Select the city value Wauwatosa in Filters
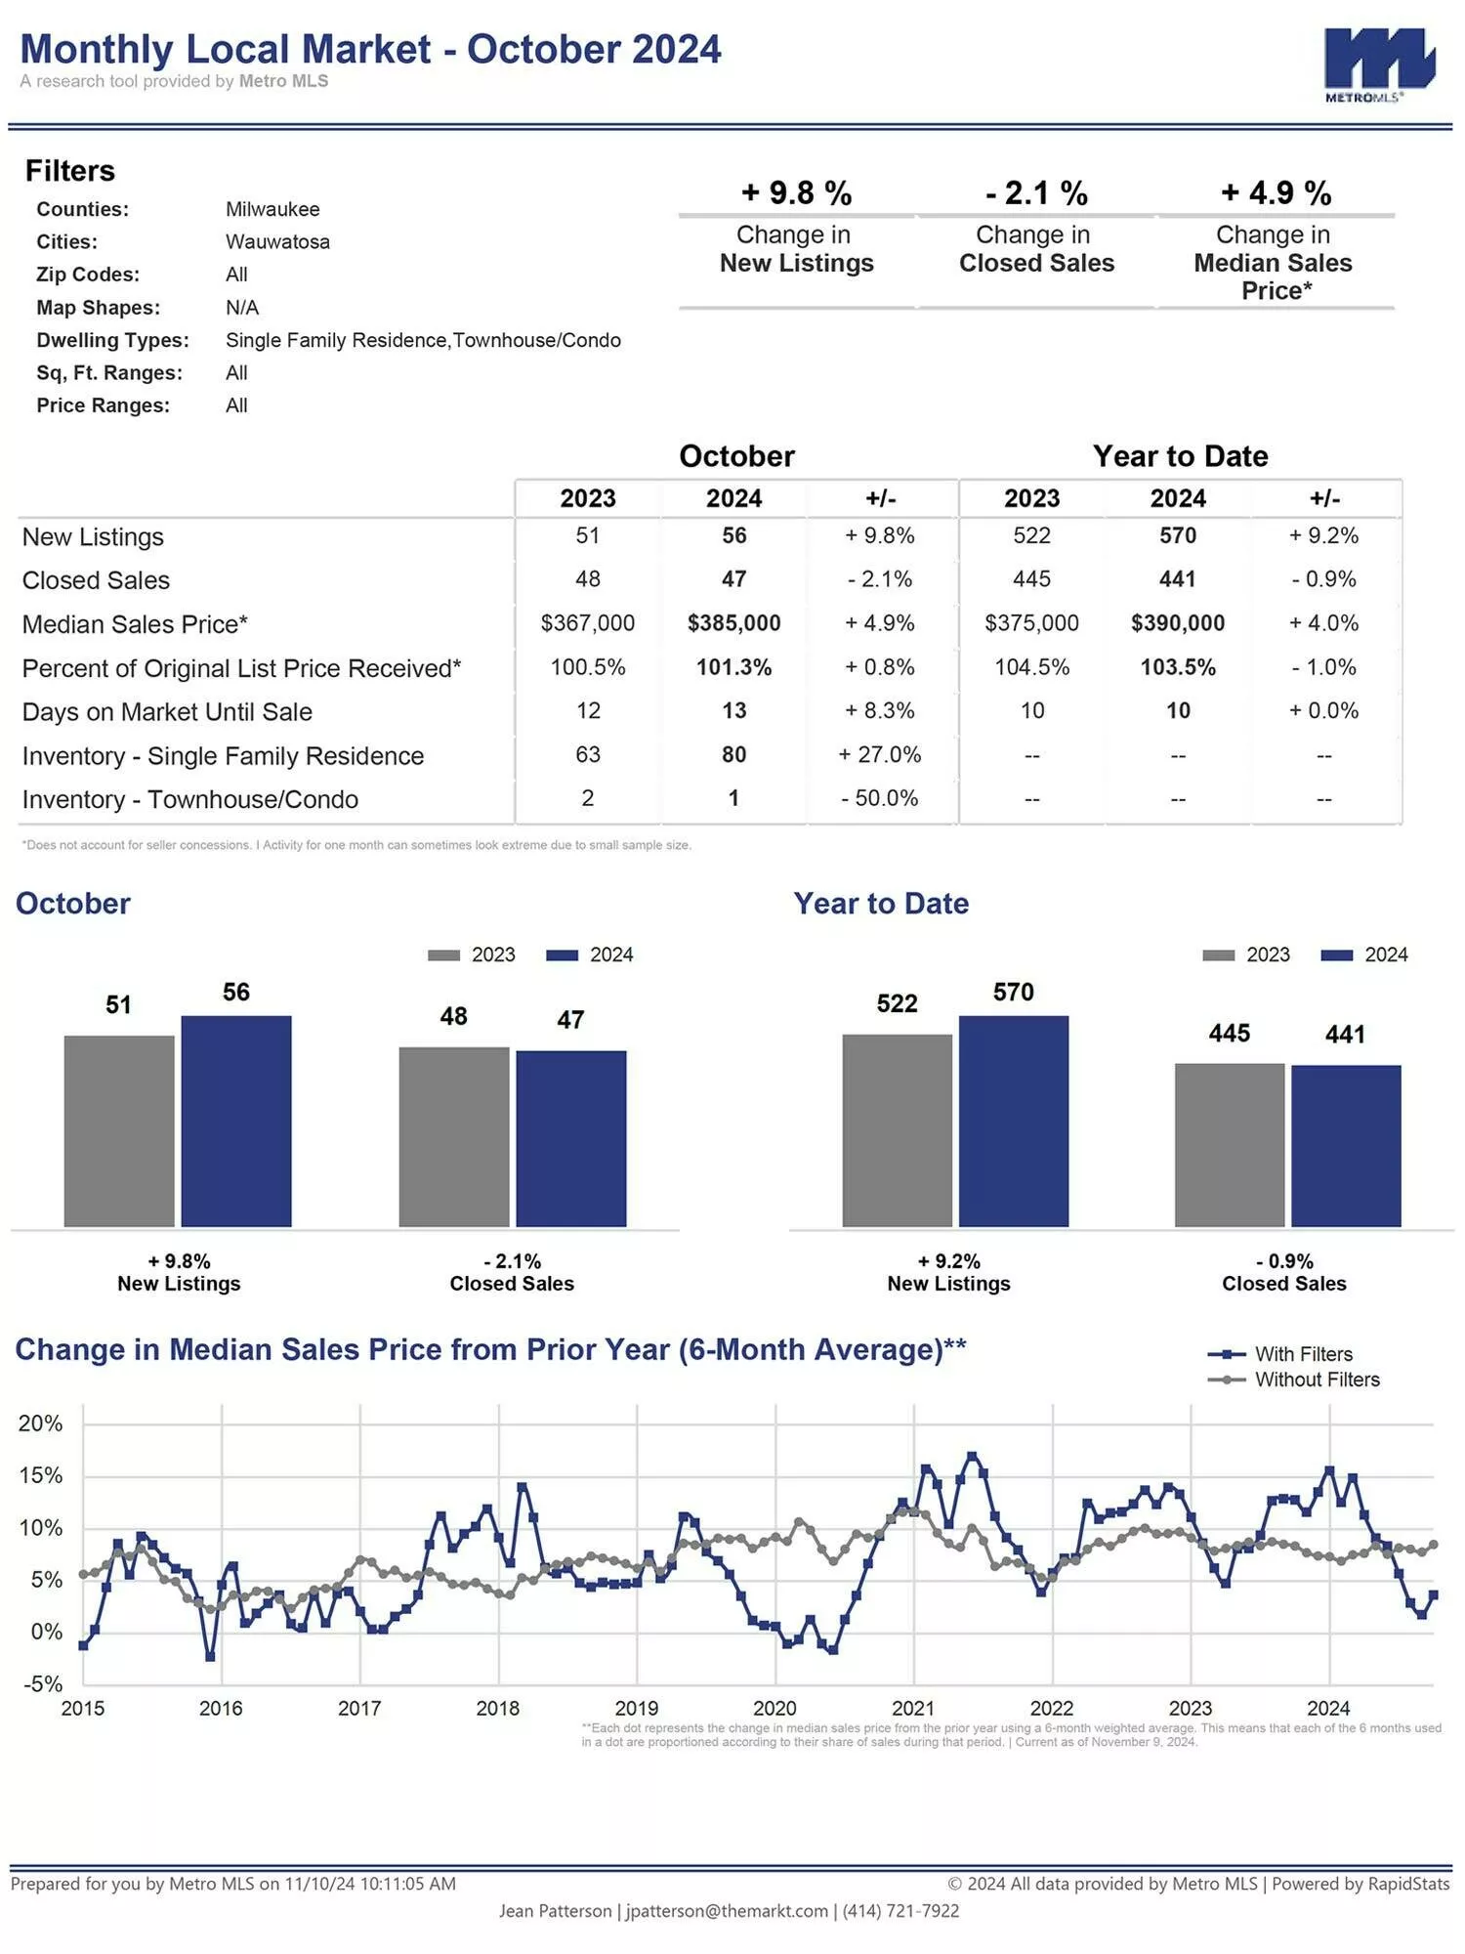277,241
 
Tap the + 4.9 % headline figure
1276,192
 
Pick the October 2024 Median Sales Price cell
733,623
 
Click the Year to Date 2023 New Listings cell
1031,535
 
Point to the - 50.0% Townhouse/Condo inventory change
880,798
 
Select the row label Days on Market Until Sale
167,712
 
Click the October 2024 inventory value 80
733,754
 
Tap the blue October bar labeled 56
236,1121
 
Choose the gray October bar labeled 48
454,1136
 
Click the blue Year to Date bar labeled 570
1014,1121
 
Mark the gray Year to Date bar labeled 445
1230,1144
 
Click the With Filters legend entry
1280,1354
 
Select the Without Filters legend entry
1294,1380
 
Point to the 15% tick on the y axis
40,1475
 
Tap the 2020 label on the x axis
774,1709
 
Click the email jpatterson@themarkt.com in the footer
727,1911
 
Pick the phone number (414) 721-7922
900,1911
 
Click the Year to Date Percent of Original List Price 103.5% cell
1178,667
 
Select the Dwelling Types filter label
112,340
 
